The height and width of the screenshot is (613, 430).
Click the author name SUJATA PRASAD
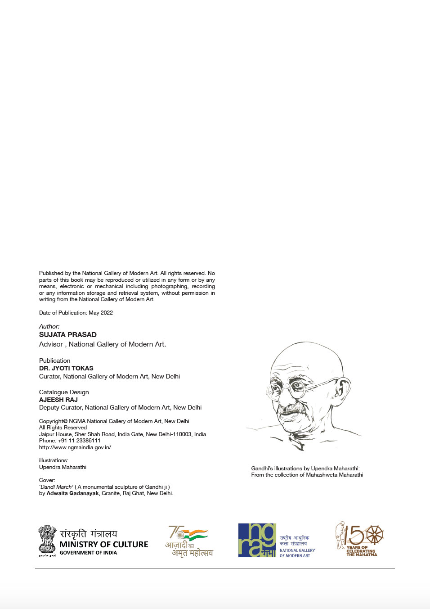tap(67, 334)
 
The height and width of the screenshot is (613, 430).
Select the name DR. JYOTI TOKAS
tap(66, 368)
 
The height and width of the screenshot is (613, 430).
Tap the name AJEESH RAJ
tap(58, 400)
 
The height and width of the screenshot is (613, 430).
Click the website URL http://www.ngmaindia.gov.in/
tap(75, 447)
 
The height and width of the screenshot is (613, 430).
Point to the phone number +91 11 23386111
tap(79, 441)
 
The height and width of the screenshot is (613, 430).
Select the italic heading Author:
tap(49, 326)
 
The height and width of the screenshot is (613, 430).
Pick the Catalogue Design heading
tap(64, 392)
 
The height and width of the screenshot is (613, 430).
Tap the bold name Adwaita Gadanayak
tap(72, 493)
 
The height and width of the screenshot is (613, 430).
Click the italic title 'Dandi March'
tap(57, 487)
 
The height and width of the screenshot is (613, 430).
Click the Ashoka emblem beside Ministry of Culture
tap(47, 540)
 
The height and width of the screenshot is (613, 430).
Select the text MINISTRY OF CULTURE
tap(103, 545)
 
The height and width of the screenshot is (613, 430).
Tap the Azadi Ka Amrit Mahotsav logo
tap(189, 541)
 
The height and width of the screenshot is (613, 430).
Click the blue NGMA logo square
tap(257, 540)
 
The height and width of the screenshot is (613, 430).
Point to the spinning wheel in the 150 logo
tap(374, 535)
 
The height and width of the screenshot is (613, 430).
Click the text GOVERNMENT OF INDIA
tap(88, 553)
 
